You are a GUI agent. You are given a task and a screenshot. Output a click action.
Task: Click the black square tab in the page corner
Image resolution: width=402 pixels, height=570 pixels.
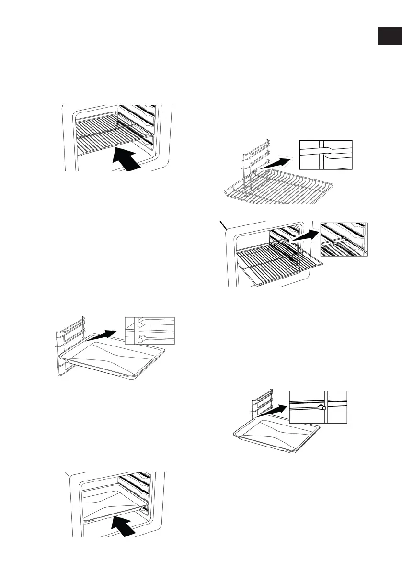point(389,36)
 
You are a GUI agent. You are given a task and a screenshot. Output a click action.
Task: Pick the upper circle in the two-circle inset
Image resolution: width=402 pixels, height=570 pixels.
point(139,324)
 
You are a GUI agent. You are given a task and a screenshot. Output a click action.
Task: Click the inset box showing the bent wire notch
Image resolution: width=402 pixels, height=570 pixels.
point(325,155)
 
